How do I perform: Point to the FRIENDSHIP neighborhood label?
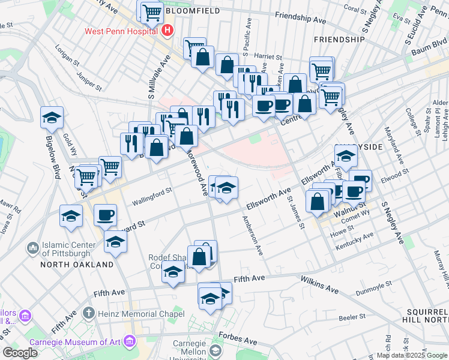[339, 39]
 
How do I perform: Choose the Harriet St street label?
[268, 55]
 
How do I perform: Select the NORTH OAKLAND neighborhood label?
[77, 265]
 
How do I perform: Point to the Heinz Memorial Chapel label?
[139, 313]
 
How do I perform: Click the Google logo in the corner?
[20, 353]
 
